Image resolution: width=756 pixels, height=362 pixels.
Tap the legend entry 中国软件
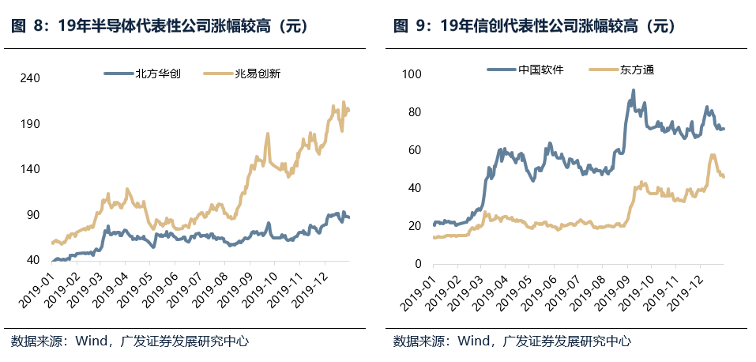tap(540, 70)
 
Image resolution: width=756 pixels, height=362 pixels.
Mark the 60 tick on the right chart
tap(414, 150)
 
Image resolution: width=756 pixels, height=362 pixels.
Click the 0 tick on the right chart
tap(417, 264)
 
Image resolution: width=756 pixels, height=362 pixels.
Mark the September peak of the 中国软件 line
tap(633, 91)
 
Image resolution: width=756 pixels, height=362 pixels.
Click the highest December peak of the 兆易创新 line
tap(344, 102)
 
